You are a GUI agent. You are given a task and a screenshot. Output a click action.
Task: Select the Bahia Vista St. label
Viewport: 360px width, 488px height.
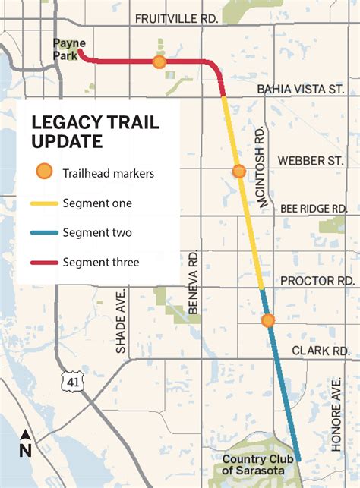(301, 89)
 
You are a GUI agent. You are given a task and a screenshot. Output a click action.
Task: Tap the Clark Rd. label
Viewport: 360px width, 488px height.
(321, 351)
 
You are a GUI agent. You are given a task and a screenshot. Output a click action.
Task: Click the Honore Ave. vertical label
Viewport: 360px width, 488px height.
(336, 414)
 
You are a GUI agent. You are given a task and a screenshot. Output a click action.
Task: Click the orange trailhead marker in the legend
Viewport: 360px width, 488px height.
(45, 172)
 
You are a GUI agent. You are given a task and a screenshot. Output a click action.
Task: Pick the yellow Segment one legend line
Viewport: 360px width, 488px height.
(45, 203)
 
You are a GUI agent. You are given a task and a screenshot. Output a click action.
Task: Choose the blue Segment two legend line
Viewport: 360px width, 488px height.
(45, 233)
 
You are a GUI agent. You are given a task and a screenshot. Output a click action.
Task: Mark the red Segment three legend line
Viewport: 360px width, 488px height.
(45, 263)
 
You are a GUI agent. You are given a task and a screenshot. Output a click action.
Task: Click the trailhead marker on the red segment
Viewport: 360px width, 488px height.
(159, 62)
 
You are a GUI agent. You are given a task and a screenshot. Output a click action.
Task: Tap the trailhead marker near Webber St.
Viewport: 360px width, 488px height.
(238, 172)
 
